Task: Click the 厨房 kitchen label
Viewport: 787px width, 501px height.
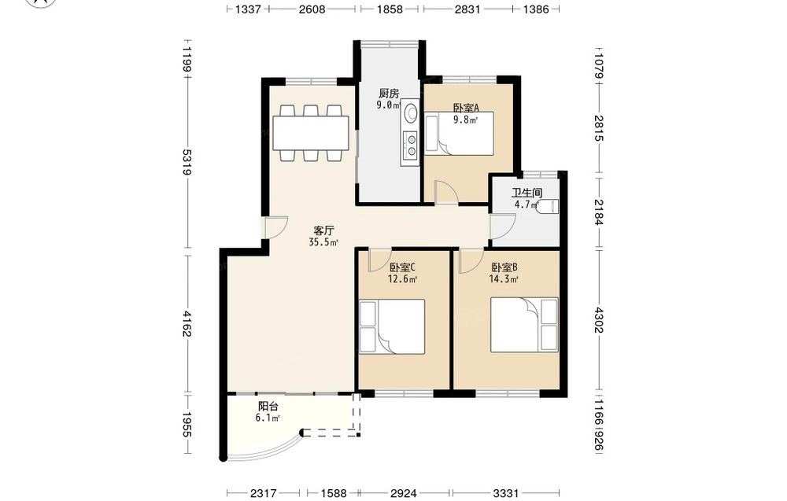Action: (x=389, y=94)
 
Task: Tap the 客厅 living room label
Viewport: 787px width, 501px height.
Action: (x=323, y=230)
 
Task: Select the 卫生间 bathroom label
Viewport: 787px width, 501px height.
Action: (x=527, y=193)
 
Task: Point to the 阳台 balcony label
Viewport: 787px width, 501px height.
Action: (x=268, y=406)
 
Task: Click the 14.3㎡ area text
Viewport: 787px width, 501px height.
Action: (x=504, y=280)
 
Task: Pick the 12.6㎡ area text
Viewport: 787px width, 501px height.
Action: (x=402, y=280)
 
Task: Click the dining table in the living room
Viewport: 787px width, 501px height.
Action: (x=311, y=133)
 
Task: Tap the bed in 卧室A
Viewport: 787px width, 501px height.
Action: (x=460, y=133)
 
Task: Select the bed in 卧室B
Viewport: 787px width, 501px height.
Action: (x=524, y=325)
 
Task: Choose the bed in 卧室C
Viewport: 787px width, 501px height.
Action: (x=392, y=327)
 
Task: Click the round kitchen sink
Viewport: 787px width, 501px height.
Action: (x=411, y=112)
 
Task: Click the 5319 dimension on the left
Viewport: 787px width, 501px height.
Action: (x=187, y=161)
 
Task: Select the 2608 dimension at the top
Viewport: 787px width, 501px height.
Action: (x=312, y=9)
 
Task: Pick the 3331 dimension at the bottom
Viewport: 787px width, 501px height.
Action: (x=505, y=493)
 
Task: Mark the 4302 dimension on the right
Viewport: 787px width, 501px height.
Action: (x=598, y=320)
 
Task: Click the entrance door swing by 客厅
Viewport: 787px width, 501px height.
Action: (x=276, y=227)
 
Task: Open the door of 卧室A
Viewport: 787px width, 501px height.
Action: (x=446, y=192)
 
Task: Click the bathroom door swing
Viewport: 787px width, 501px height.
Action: (x=503, y=227)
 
